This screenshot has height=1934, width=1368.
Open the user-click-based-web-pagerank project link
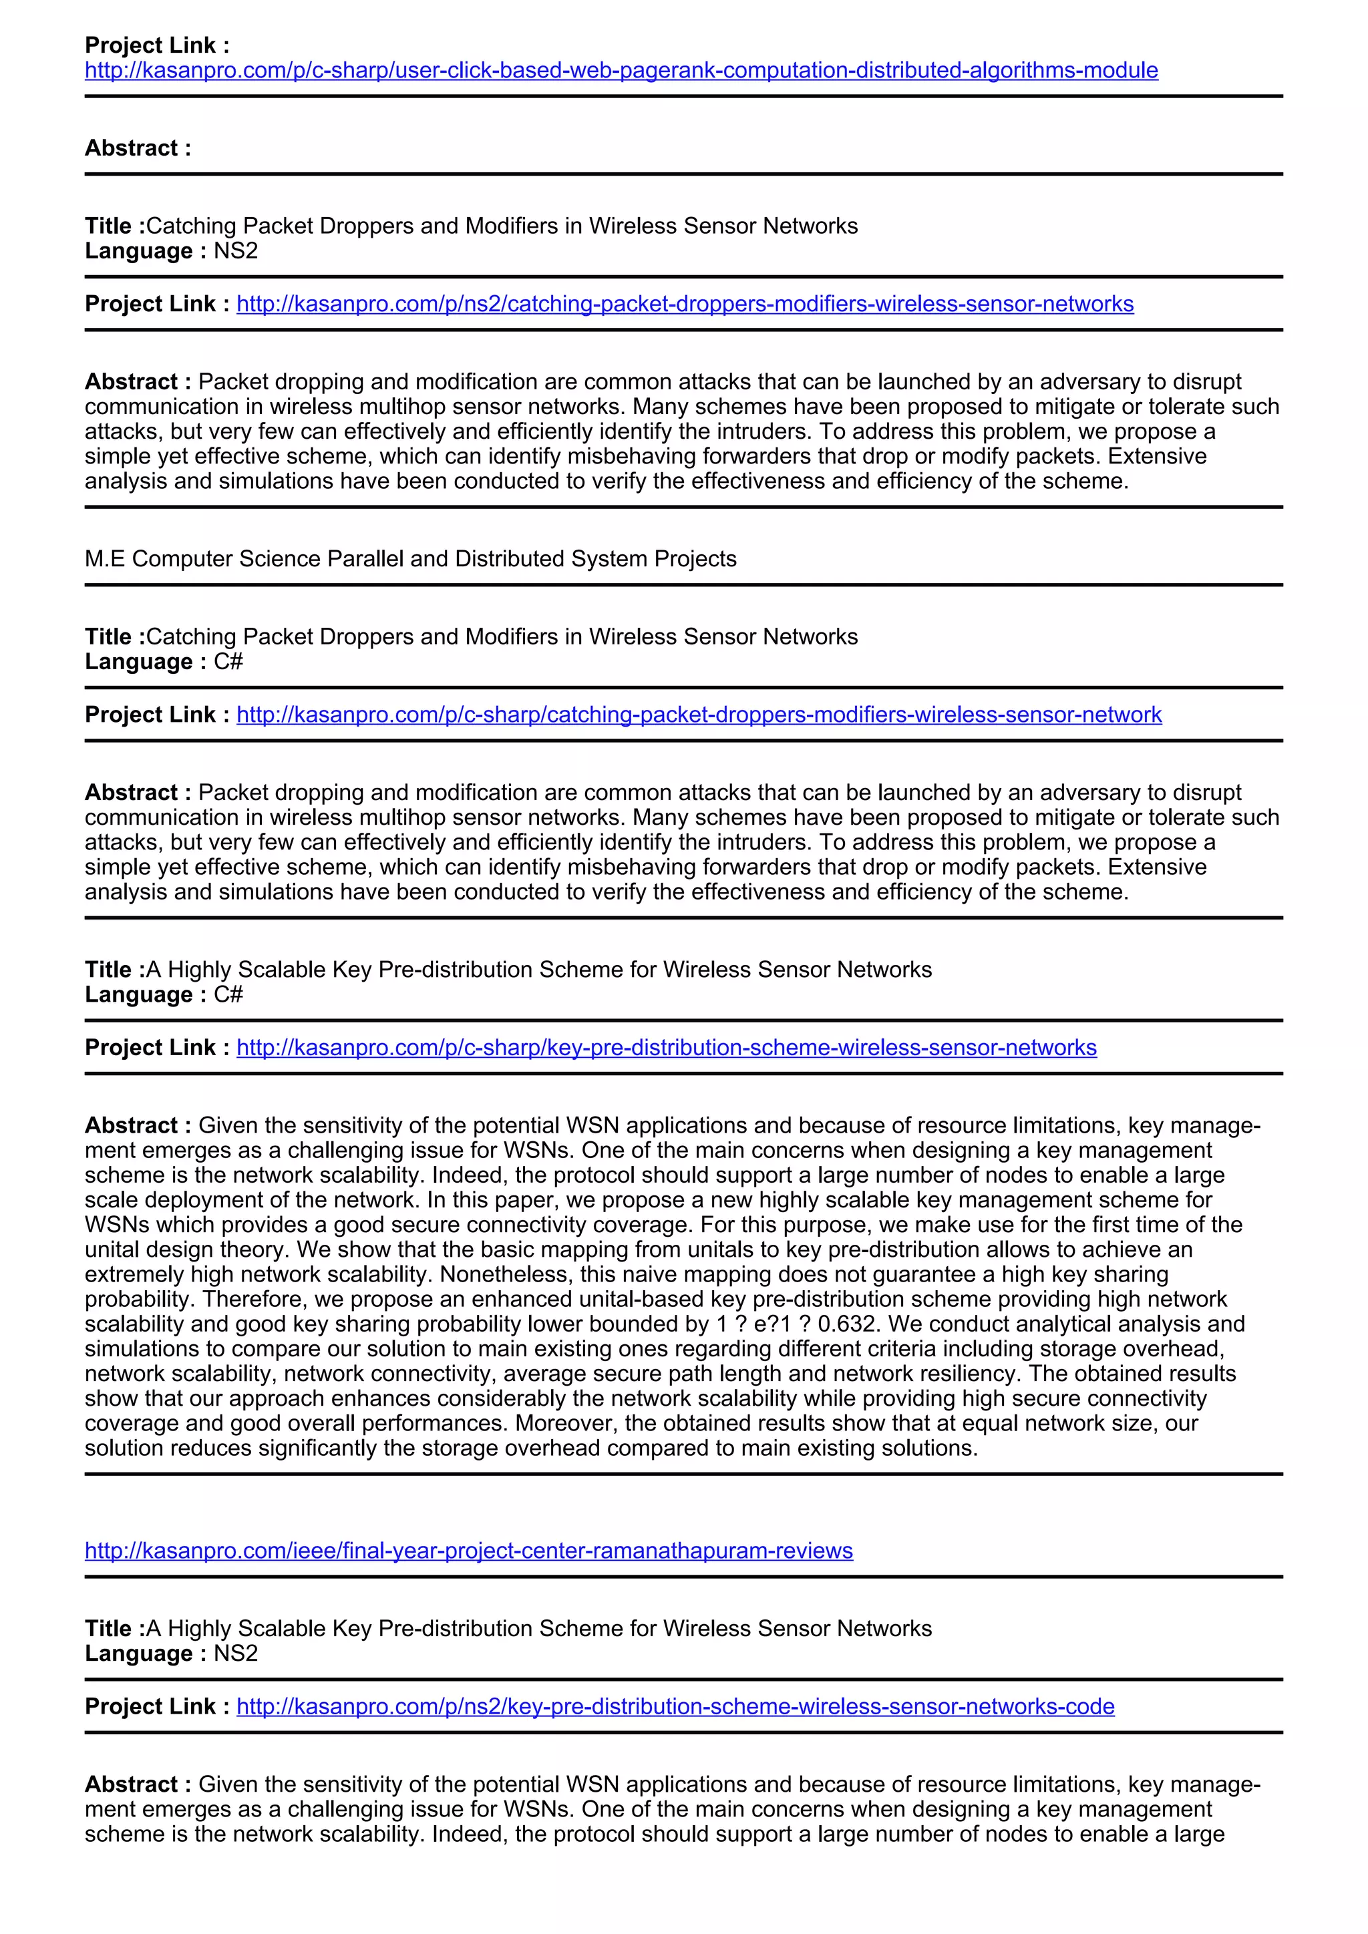tap(621, 70)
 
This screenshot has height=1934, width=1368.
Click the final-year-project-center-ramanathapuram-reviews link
tap(468, 1551)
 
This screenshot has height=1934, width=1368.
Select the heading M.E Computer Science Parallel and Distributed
tap(410, 560)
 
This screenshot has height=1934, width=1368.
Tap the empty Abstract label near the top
tap(138, 149)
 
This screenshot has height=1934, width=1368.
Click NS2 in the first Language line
tap(235, 252)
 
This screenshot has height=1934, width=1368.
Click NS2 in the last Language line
tap(235, 1654)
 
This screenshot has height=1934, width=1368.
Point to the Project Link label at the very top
tap(157, 45)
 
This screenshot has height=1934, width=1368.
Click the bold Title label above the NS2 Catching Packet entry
tap(114, 226)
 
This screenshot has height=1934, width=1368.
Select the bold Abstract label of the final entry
tap(138, 1785)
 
